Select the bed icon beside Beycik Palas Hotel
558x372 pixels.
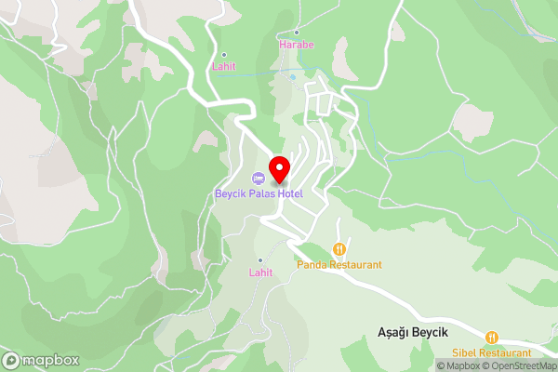(x=258, y=178)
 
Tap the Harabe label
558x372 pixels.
(x=298, y=44)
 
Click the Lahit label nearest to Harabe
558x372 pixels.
(x=223, y=66)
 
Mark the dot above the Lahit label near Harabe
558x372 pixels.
(x=223, y=54)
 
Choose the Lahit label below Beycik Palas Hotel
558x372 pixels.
(x=260, y=272)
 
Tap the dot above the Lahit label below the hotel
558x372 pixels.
(x=260, y=260)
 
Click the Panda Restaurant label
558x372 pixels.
(x=339, y=264)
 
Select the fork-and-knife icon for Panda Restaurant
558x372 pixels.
(x=339, y=249)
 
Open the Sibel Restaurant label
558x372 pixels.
(x=492, y=352)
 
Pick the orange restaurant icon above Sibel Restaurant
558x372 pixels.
(x=492, y=338)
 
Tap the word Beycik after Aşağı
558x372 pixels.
(x=431, y=333)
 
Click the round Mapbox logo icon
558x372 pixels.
(x=12, y=360)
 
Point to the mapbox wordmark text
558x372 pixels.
(x=50, y=360)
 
